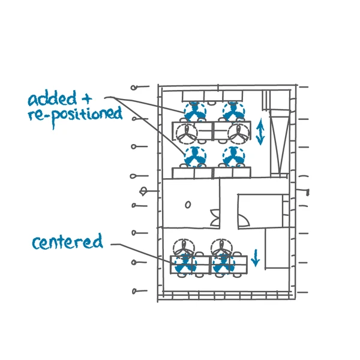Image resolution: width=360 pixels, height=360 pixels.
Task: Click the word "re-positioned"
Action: pos(74,114)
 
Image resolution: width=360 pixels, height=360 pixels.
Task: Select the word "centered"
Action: pos(67,242)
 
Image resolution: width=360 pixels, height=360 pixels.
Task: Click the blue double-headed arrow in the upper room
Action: pos(260,132)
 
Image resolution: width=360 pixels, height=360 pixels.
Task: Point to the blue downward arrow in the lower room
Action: pos(256,257)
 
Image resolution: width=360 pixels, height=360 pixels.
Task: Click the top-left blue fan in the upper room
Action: pos(194,112)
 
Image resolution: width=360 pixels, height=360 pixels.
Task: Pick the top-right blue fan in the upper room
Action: pos(233,112)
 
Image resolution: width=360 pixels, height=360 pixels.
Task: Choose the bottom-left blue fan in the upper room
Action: pos(194,157)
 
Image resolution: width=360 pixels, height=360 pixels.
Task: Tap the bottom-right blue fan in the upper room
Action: pos(233,157)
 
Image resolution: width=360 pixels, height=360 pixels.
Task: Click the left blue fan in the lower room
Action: pos(185,263)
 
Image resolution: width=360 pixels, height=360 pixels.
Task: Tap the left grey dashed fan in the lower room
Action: pos(182,248)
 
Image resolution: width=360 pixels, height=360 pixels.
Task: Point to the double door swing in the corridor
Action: pos(215,217)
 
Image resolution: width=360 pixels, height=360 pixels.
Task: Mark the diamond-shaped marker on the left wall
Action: pos(144,191)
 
